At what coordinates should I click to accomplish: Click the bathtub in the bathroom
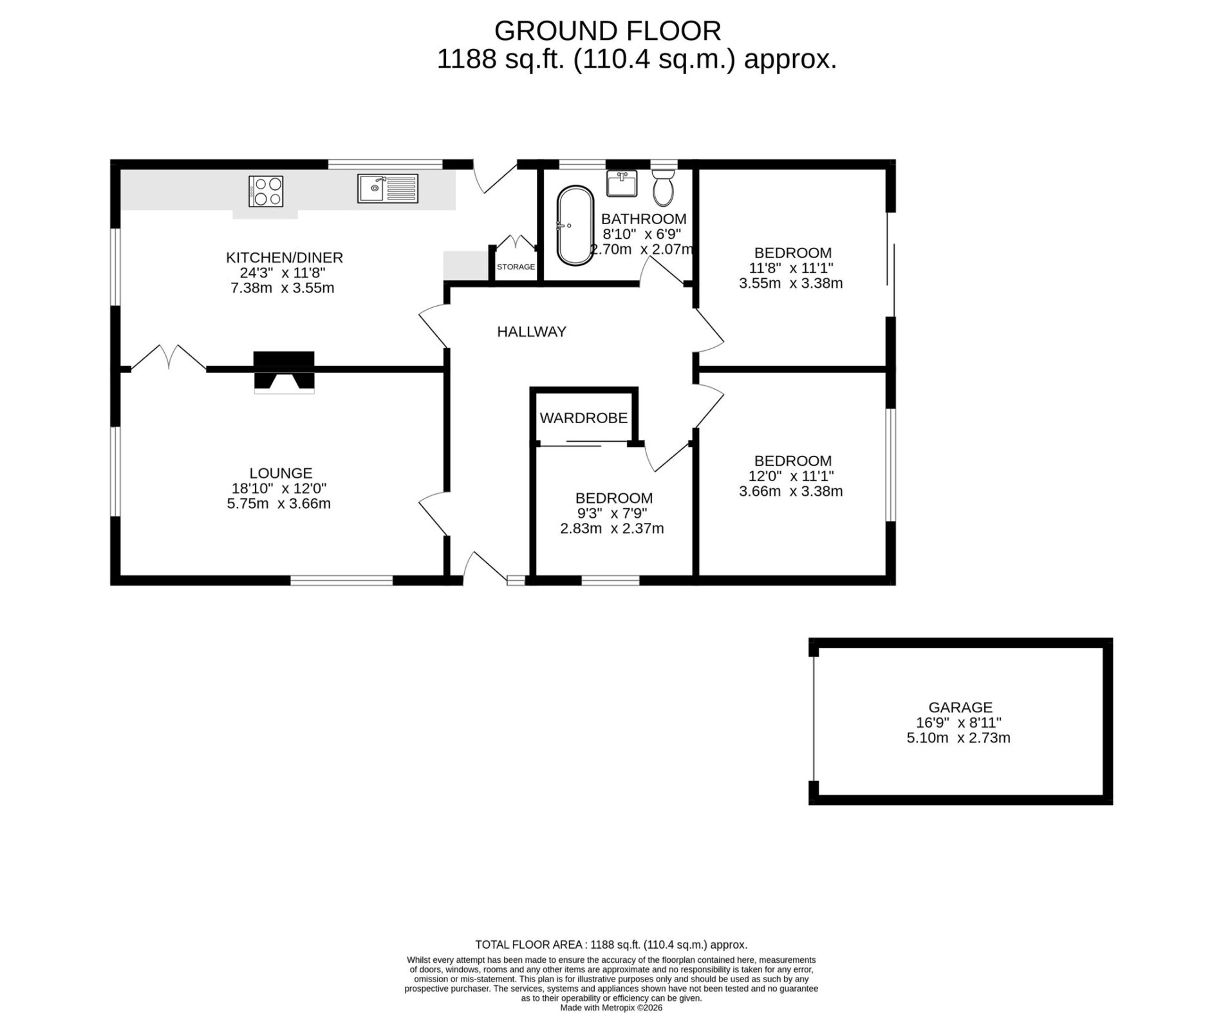[x=575, y=226]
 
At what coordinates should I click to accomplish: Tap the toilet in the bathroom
[x=663, y=186]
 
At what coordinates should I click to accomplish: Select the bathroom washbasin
[x=621, y=183]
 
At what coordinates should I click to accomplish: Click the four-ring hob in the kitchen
[x=266, y=191]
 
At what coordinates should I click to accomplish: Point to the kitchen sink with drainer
[x=388, y=189]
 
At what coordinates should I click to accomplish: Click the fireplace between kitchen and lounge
[x=284, y=372]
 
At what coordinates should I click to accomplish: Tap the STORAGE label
[x=516, y=267]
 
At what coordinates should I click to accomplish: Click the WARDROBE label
[x=583, y=418]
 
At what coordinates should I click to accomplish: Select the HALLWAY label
[x=532, y=332]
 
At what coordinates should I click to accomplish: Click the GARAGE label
[x=960, y=707]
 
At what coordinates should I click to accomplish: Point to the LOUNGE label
[x=281, y=473]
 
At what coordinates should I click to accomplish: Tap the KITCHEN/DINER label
[x=285, y=258]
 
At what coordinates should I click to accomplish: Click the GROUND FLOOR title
[x=608, y=31]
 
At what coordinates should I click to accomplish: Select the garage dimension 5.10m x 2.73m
[x=958, y=738]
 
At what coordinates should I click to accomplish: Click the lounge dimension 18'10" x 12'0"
[x=279, y=489]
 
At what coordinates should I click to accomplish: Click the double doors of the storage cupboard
[x=516, y=243]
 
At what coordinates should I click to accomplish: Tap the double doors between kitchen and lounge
[x=169, y=357]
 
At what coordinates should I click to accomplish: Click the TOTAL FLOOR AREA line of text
[x=611, y=945]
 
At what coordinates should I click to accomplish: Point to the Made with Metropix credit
[x=611, y=1007]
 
